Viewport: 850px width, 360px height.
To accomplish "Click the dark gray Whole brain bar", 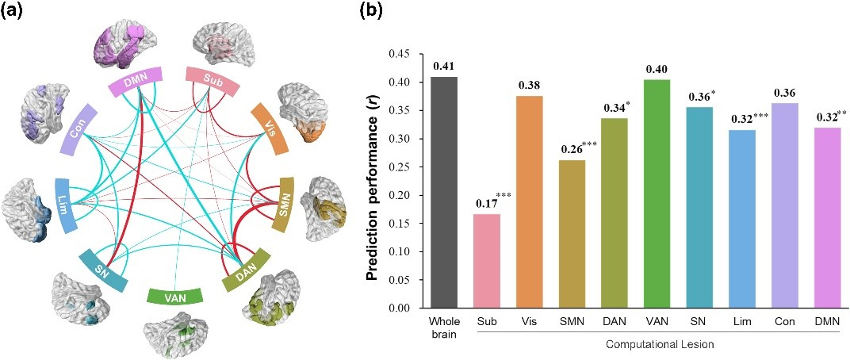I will [x=446, y=193].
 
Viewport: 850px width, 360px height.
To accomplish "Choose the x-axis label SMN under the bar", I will [x=570, y=321].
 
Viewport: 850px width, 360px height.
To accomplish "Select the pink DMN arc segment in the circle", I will [x=136, y=78].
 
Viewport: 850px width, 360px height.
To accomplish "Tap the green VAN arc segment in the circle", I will [x=176, y=297].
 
